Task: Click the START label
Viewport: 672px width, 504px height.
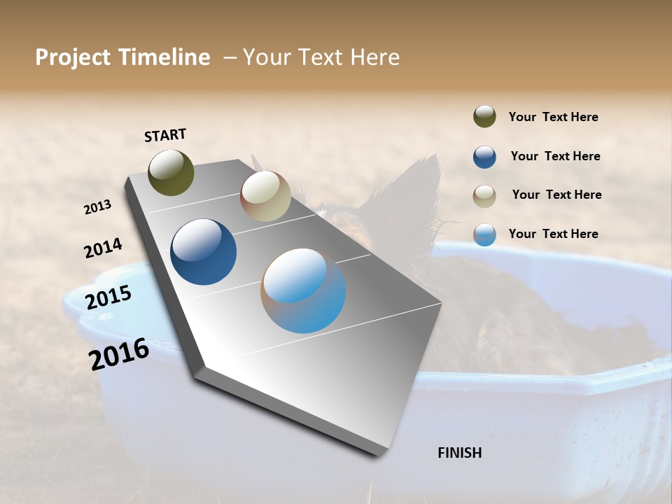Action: click(x=165, y=135)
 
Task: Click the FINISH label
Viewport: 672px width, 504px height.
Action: click(x=459, y=453)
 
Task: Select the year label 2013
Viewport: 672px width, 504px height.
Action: click(x=97, y=207)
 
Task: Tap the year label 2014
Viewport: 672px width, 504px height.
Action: click(x=103, y=248)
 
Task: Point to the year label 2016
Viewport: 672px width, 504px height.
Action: click(x=119, y=354)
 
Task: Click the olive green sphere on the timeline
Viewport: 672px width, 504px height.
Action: click(x=171, y=172)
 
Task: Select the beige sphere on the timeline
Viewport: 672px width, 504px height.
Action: click(x=265, y=196)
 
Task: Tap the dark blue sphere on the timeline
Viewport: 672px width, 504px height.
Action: click(x=203, y=252)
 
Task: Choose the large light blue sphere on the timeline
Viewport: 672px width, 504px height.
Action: click(x=303, y=290)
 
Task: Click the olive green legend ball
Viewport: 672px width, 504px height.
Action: click(x=484, y=116)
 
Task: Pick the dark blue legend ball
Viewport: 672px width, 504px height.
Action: click(x=484, y=157)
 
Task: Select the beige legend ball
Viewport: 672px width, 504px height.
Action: click(x=484, y=196)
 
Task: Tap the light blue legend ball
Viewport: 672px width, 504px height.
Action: click(x=484, y=234)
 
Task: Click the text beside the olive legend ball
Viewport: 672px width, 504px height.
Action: click(x=553, y=117)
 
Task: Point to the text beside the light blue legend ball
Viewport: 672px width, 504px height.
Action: click(x=553, y=234)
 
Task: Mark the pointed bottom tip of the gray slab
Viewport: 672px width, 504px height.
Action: click(x=377, y=455)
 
